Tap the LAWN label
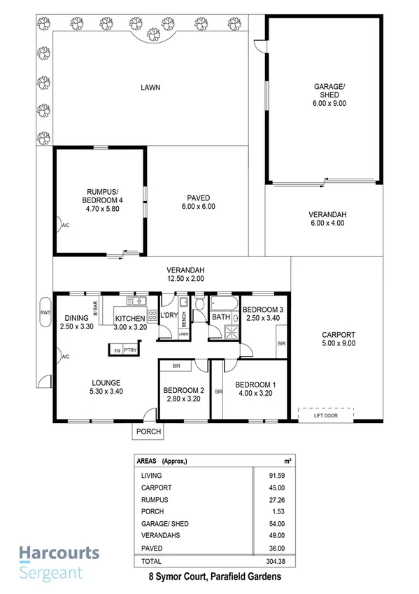tap(150, 88)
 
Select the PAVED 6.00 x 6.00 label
tap(199, 202)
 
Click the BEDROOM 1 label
tap(254, 389)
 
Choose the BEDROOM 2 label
tap(183, 395)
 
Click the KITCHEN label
tap(131, 322)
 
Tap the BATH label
tap(220, 317)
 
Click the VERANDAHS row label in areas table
tap(159, 536)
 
